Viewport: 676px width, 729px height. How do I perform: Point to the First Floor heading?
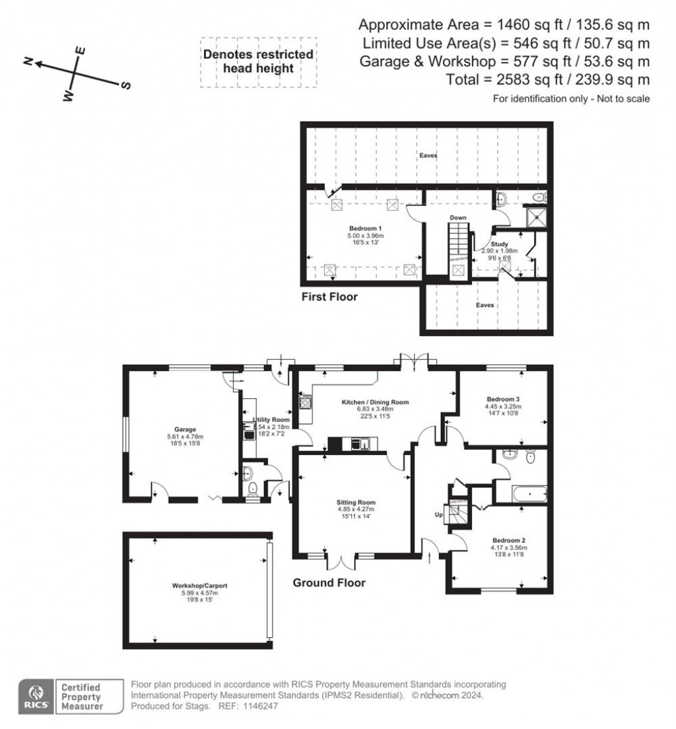(x=329, y=297)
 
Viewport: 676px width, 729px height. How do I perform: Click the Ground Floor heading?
(x=329, y=583)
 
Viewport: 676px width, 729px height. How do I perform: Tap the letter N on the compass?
(x=28, y=61)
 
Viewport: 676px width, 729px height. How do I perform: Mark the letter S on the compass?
(x=126, y=85)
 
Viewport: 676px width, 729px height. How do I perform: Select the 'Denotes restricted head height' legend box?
(x=257, y=62)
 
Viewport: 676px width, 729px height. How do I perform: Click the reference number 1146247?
(x=262, y=706)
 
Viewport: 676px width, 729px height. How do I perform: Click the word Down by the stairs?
(x=458, y=217)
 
